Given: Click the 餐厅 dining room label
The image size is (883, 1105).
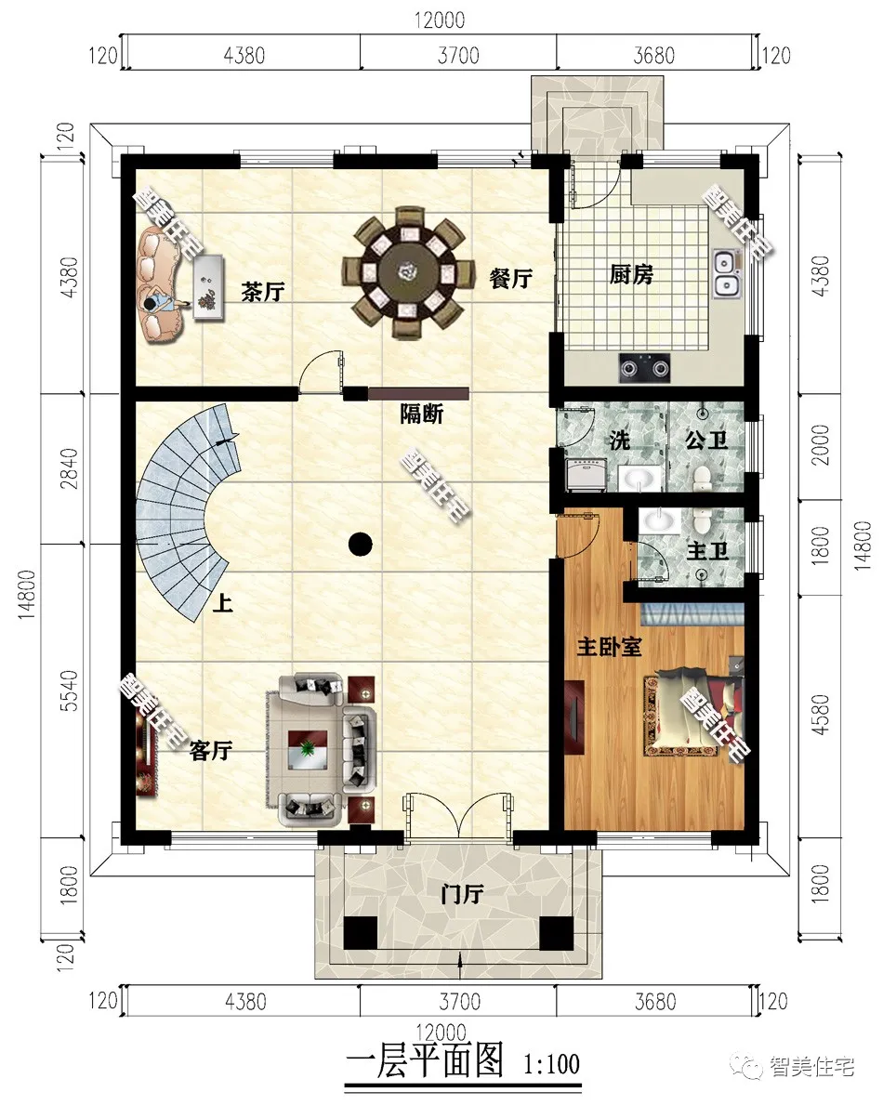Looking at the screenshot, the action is (510, 279).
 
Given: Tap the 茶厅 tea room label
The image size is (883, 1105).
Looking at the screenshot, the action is (262, 291).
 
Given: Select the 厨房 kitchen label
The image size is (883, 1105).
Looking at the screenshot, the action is (631, 274).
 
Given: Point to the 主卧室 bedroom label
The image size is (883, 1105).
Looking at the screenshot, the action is (609, 646).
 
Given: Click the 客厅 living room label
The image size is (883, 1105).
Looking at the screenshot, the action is (211, 751).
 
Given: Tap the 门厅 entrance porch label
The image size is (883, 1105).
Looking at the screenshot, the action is (462, 894).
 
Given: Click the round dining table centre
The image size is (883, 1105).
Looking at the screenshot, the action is (403, 270).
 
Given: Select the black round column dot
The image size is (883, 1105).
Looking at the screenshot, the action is (361, 543).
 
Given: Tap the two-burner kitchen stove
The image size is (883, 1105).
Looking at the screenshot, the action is (645, 367).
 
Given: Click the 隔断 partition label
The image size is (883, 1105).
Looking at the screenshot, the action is (421, 414).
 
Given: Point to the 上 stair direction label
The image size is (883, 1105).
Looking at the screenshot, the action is (223, 603).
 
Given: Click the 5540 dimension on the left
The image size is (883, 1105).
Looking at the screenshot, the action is (69, 691).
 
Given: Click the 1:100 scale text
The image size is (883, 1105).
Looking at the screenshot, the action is (552, 1063).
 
